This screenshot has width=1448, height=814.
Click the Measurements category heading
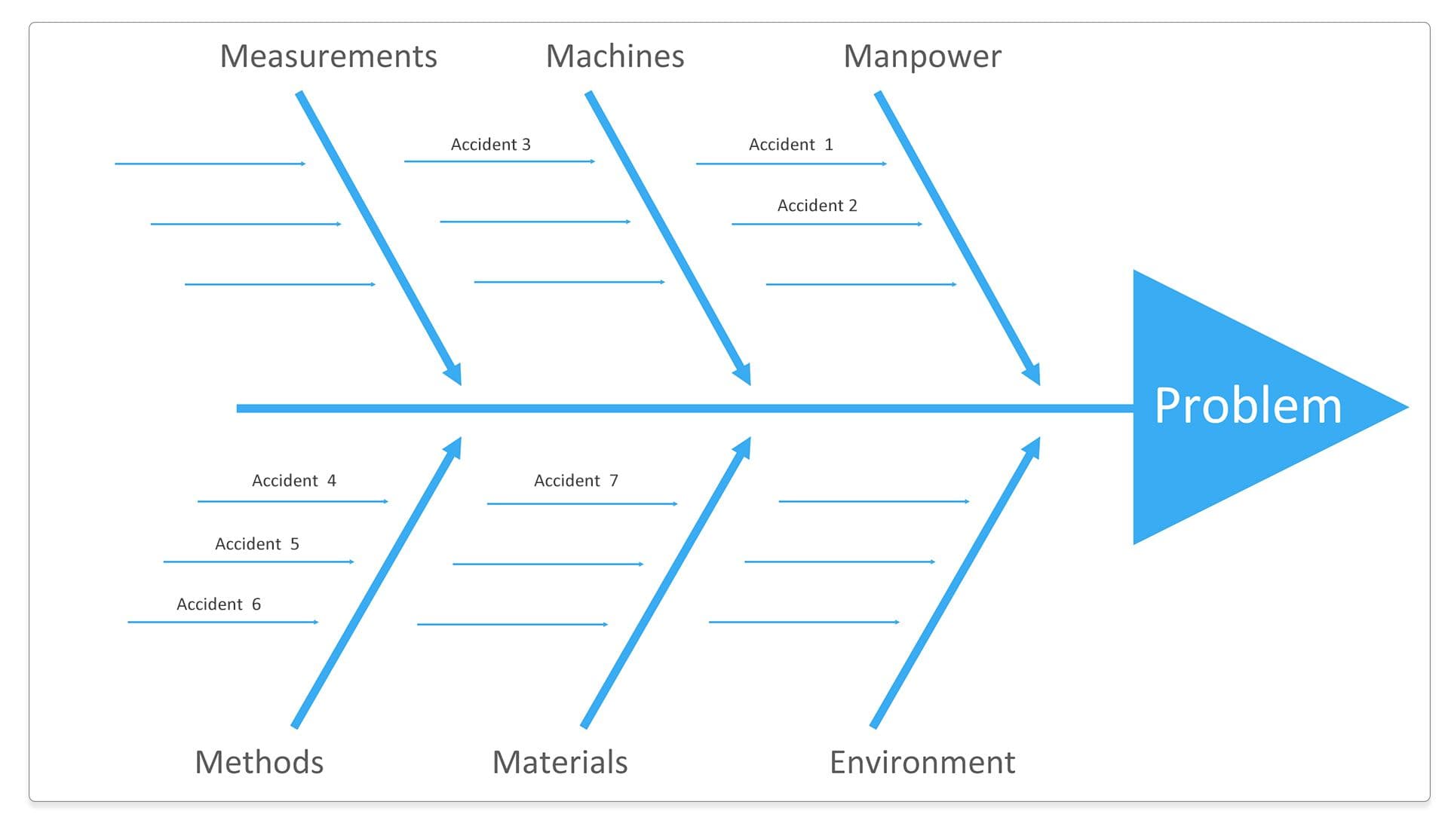coord(328,57)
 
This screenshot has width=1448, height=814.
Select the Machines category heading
coord(615,57)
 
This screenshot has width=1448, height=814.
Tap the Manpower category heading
coord(922,57)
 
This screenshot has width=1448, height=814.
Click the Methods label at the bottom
coord(259,762)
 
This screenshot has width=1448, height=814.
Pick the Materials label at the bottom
coord(560,762)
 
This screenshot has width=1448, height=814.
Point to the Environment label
coord(922,762)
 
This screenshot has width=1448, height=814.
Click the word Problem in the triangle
coord(1248,405)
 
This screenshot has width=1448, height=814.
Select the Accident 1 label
coord(790,145)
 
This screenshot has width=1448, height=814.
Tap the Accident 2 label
coord(817,206)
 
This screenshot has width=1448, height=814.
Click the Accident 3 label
coord(490,145)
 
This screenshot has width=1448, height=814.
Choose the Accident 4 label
coord(293,481)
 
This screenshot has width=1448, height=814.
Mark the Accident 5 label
coord(256,544)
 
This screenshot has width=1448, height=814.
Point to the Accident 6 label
coord(218,604)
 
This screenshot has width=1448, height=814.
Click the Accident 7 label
coord(575,481)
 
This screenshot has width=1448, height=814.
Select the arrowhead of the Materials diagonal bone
coord(744,448)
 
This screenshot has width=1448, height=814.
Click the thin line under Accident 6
coord(222,622)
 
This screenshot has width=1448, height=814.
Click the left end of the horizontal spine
coord(240,409)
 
